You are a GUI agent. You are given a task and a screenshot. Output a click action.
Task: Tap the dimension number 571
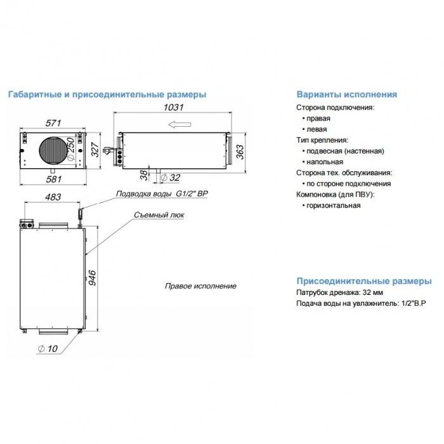tap(54, 122)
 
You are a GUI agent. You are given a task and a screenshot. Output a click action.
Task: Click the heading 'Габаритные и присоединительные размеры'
tap(106, 94)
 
